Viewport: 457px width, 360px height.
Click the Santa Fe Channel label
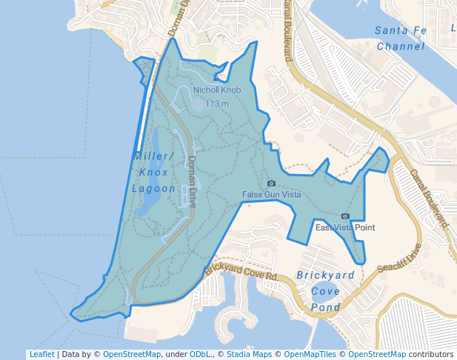(401, 38)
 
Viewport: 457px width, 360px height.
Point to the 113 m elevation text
(218, 104)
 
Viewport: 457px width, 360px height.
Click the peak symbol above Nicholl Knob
(217, 76)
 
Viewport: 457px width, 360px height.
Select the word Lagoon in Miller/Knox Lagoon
(154, 189)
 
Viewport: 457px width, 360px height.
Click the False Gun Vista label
(271, 195)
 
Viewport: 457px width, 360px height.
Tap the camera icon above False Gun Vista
(271, 183)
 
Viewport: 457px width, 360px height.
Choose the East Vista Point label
(345, 227)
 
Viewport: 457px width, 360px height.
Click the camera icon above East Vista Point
(345, 216)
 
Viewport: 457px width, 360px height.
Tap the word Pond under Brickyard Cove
(325, 304)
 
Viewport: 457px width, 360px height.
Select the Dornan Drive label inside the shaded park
(192, 181)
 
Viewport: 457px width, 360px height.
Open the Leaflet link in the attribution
(41, 354)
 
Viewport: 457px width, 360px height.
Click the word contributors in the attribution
(431, 354)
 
